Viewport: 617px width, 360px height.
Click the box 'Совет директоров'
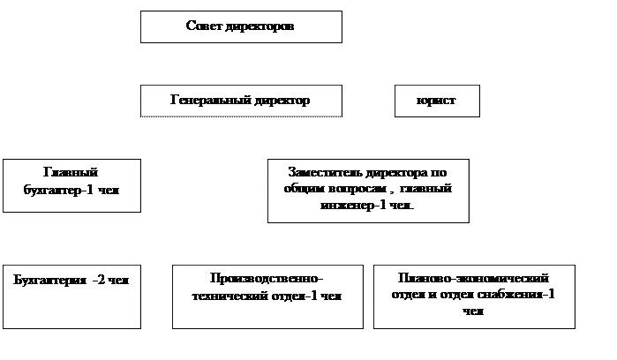click(x=240, y=26)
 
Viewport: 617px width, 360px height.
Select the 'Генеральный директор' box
click(x=240, y=101)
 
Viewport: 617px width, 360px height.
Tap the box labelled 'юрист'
click(x=436, y=101)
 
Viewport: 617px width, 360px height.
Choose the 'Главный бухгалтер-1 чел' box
click(x=71, y=185)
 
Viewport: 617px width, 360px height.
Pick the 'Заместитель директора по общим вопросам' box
click(x=368, y=190)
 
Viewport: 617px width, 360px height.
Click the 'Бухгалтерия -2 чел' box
click(x=71, y=296)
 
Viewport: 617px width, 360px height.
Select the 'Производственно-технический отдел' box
click(x=267, y=296)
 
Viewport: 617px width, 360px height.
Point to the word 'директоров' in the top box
click(x=260, y=26)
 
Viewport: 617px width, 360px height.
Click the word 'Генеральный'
click(x=205, y=101)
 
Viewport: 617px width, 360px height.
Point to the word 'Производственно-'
click(x=267, y=280)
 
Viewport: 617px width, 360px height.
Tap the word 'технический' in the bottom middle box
click(x=229, y=296)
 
